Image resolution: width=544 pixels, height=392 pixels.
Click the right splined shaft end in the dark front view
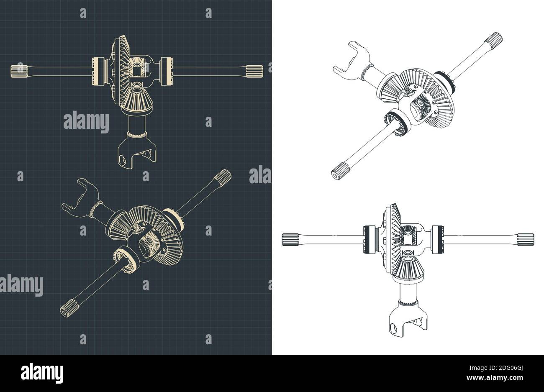click(x=254, y=71)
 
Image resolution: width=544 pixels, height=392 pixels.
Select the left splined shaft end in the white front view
click(x=290, y=239)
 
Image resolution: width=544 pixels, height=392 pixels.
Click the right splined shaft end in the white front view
click(x=525, y=239)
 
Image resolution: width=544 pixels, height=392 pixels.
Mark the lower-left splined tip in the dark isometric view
click(x=67, y=310)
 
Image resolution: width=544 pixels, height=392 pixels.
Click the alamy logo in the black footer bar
click(x=42, y=372)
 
